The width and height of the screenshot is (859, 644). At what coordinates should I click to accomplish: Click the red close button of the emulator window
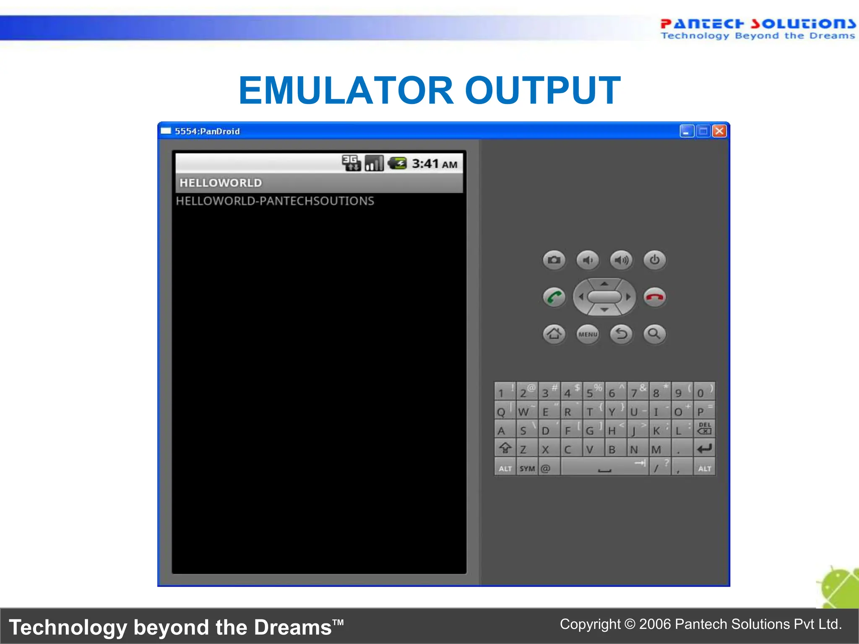coord(719,131)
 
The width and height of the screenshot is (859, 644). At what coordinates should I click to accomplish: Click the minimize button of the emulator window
coord(687,131)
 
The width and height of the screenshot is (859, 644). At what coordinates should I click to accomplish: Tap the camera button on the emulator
coord(554,260)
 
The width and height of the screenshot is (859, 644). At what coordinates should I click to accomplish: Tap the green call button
coord(554,297)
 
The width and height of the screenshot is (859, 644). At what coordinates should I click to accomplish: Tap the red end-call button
coord(655,297)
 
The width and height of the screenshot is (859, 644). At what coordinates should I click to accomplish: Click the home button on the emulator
coord(554,334)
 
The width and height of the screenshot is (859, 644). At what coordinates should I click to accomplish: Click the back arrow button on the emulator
coord(621,334)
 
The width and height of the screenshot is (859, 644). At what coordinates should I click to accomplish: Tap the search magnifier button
coord(655,334)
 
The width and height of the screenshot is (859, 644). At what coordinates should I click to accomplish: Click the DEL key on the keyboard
coord(705,428)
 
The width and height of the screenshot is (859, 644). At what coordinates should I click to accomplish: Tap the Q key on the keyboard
coord(501,411)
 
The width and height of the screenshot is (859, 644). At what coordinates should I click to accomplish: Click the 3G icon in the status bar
coord(351,163)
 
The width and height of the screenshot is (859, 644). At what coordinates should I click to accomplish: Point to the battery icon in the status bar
coord(397,163)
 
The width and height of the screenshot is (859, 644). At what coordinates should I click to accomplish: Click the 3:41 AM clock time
coord(435,164)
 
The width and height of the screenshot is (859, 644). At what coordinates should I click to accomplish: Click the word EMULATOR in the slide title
coord(346,90)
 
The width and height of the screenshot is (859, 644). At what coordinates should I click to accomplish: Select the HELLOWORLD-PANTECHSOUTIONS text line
coord(275,201)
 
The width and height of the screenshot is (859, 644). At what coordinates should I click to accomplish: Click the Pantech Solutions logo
coord(757,29)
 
